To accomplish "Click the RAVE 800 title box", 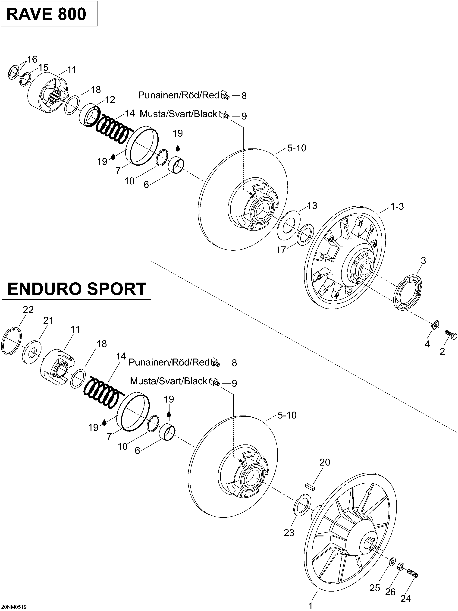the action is point(49,14).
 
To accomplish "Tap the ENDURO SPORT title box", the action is point(77,288).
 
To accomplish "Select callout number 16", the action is point(32,59).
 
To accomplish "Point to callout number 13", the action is point(312,206).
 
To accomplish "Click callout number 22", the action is point(28,310).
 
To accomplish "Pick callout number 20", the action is point(325,462).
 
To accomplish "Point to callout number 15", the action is point(43,67).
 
